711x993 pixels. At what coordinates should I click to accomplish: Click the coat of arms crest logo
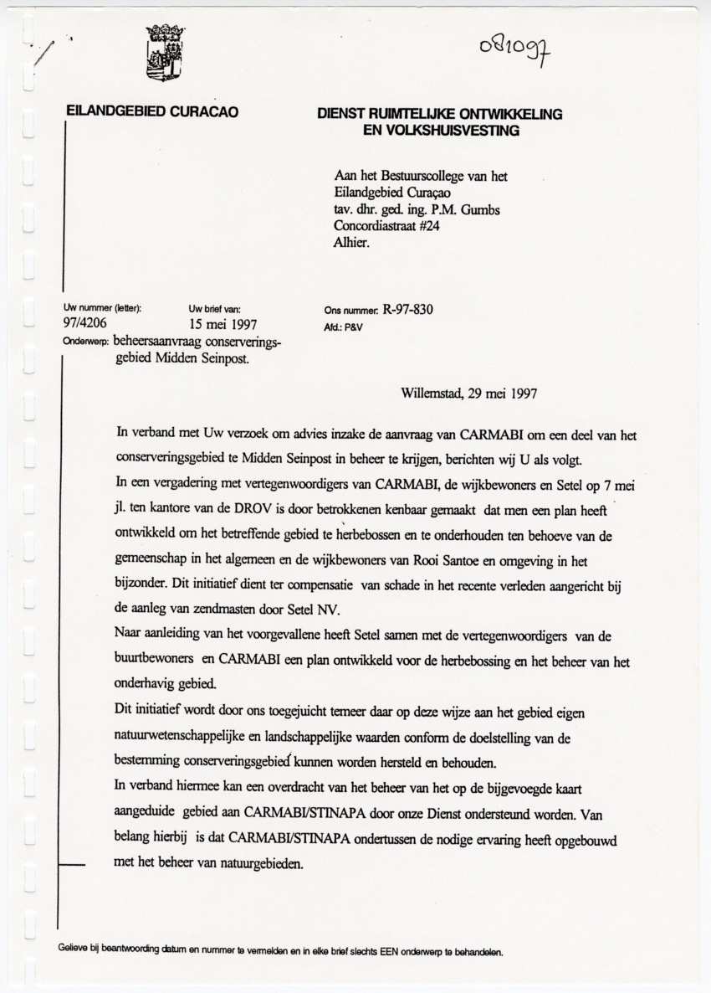click(166, 52)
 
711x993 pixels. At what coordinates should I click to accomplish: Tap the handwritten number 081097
click(517, 45)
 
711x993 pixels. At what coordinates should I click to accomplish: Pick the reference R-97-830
click(407, 310)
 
